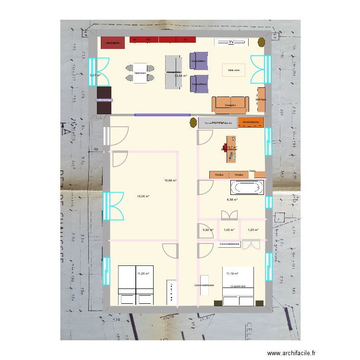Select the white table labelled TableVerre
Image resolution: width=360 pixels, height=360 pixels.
tap(140, 73)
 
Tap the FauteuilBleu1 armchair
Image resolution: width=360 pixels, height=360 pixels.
tap(199, 61)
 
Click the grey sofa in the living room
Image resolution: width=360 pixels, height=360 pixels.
tap(173, 72)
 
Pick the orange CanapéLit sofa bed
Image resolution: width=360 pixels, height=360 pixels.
tap(231, 104)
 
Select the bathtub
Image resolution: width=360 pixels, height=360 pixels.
tap(248, 188)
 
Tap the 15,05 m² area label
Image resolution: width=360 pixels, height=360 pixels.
tap(143, 196)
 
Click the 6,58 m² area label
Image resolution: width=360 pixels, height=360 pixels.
tap(232, 200)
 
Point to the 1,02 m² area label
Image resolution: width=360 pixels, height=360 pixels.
tap(229, 230)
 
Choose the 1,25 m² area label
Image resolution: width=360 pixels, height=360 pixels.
tap(253, 230)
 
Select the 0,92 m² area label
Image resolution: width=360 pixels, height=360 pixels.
tap(208, 230)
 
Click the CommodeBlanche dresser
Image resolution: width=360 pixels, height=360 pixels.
tap(229, 244)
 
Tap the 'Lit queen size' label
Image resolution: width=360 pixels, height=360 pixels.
tap(238, 286)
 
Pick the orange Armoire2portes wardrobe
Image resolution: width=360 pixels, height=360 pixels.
tap(251, 122)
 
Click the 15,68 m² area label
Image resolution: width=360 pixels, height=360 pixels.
tap(170, 180)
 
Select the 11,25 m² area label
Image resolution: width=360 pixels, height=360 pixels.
tap(143, 274)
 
